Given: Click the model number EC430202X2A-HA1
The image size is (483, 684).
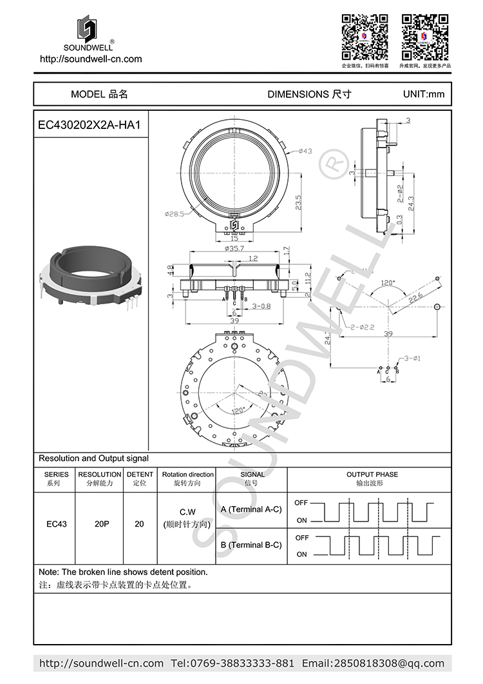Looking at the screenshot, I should (x=90, y=124).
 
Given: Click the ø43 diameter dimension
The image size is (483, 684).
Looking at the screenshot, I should (x=305, y=151).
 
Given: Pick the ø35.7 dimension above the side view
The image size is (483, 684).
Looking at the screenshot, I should (x=233, y=248).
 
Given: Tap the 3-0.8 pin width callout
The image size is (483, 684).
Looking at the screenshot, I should (x=261, y=306).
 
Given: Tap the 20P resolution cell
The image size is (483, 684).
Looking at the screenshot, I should (x=102, y=524).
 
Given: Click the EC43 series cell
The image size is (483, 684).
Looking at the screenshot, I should (x=57, y=524).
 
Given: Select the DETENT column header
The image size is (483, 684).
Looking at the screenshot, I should (x=140, y=479).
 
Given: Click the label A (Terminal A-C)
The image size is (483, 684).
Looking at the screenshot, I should (x=251, y=509).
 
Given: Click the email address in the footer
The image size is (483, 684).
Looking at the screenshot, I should (x=374, y=663).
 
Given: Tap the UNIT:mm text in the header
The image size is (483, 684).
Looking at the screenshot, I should (x=423, y=94).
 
